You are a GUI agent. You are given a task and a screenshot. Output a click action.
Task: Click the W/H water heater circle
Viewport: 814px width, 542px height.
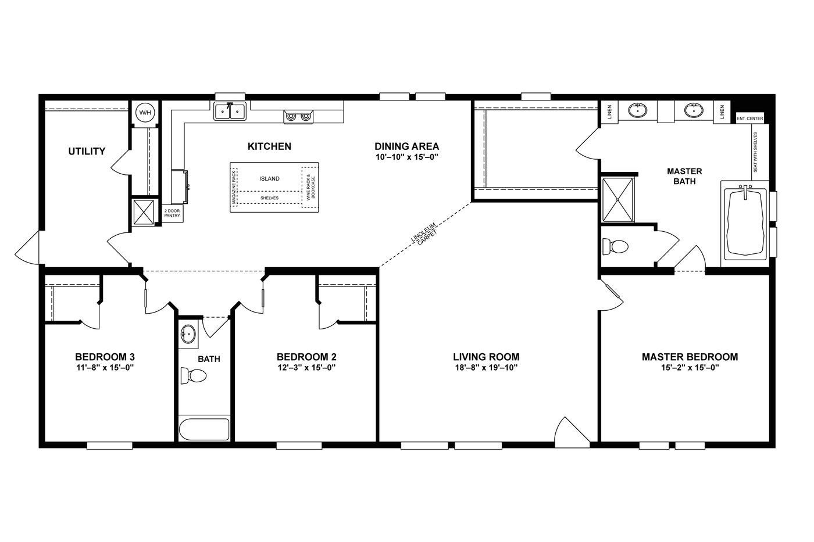pyautogui.click(x=145, y=113)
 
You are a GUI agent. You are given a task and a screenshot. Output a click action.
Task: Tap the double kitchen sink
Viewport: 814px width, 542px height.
pyautogui.click(x=230, y=111)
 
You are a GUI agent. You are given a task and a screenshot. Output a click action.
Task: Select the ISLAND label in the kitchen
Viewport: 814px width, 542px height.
pyautogui.click(x=269, y=178)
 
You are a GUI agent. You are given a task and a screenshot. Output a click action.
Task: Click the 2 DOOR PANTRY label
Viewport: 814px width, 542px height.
pyautogui.click(x=172, y=213)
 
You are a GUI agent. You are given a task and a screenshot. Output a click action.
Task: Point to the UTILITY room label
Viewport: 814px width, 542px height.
pyautogui.click(x=87, y=151)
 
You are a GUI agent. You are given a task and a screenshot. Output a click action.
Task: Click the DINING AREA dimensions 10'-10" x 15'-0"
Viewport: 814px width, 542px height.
pyautogui.click(x=406, y=157)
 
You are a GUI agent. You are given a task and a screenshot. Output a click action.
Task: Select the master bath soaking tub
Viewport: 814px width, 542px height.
pyautogui.click(x=745, y=223)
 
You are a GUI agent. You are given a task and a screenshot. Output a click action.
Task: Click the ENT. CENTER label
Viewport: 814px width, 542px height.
pyautogui.click(x=749, y=119)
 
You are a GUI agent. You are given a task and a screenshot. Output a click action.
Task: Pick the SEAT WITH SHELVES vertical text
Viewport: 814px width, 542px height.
pyautogui.click(x=755, y=152)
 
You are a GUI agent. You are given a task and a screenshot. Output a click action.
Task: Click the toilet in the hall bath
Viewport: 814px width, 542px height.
pyautogui.click(x=194, y=376)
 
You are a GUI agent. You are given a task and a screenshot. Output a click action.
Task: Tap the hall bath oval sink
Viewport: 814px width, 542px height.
pyautogui.click(x=188, y=333)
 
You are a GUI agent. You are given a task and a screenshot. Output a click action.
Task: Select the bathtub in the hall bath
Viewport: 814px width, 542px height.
pyautogui.click(x=204, y=429)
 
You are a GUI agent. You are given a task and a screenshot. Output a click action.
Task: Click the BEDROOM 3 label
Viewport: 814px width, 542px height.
pyautogui.click(x=105, y=357)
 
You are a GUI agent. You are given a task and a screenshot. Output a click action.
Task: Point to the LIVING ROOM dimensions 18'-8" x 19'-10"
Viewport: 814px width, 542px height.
pyautogui.click(x=486, y=368)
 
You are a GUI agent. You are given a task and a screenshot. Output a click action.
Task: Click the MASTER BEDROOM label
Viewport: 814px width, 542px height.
pyautogui.click(x=690, y=357)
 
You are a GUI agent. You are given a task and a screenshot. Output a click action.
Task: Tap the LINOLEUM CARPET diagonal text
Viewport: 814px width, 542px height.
pyautogui.click(x=424, y=234)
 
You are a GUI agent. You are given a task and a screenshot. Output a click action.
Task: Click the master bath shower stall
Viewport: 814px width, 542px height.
pyautogui.click(x=617, y=199)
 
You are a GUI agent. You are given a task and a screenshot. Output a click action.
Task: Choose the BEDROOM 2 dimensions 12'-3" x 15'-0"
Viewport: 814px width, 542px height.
pyautogui.click(x=306, y=368)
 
